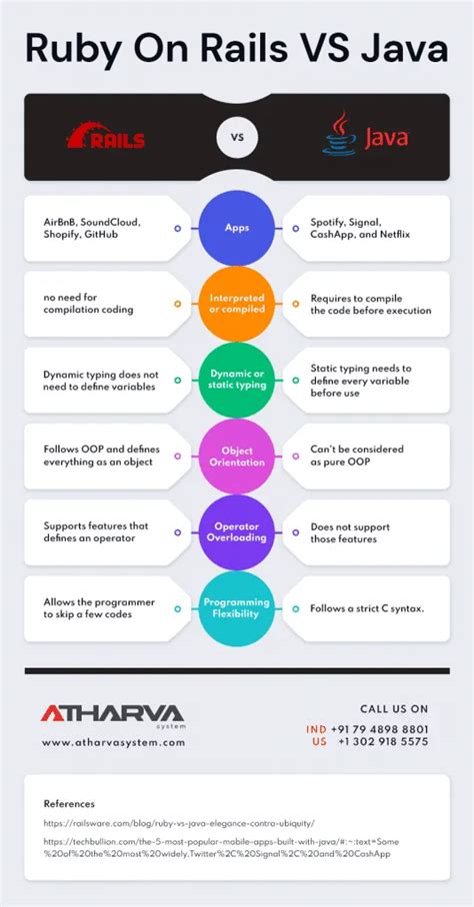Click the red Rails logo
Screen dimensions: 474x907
[x=106, y=137]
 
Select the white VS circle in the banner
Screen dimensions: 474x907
[x=237, y=138]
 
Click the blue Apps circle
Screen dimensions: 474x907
[x=237, y=228]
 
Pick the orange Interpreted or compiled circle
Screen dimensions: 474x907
[x=237, y=304]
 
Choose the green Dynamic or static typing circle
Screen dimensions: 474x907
[x=237, y=380]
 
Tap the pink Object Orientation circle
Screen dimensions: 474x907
[x=237, y=456]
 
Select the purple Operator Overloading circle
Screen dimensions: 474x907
[x=237, y=532]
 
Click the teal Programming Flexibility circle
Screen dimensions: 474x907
[x=237, y=608]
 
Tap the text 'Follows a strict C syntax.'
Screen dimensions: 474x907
[x=367, y=608]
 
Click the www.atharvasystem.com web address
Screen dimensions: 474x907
[x=113, y=743]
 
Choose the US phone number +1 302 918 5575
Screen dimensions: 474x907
[x=383, y=741]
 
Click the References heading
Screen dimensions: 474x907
[x=69, y=804]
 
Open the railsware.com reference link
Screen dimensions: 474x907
[x=179, y=822]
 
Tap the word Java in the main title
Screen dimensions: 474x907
[x=405, y=49]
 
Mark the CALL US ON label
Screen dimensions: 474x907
[x=394, y=709]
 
